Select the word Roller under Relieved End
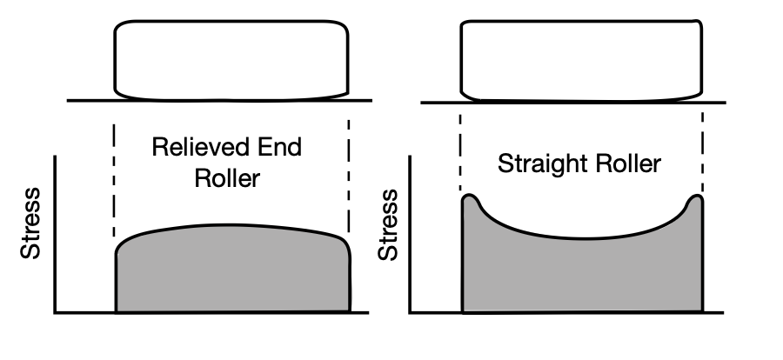point(227,178)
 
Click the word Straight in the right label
point(541,163)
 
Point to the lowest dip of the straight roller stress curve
point(581,237)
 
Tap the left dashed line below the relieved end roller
point(114,178)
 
